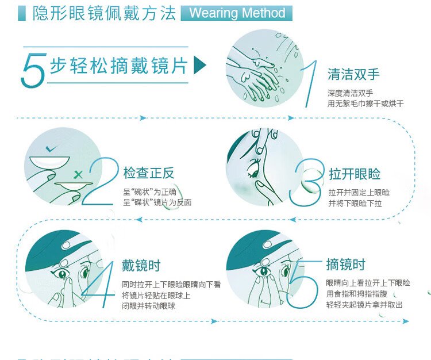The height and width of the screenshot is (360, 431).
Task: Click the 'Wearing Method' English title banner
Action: pos(237,13)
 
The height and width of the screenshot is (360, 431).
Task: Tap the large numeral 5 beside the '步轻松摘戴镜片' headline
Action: pos(33,71)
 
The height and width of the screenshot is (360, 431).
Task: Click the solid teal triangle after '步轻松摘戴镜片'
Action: pos(199,65)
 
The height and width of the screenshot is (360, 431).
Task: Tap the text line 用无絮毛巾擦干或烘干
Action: pos(365,104)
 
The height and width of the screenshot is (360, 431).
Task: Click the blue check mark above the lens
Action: pos(51,148)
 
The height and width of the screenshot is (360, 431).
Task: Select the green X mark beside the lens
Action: pos(79,173)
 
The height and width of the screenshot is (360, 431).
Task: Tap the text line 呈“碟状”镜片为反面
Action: pos(157,202)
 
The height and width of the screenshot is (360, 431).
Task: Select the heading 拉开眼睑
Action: pos(355,174)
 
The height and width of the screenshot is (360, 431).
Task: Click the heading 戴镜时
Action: pos(141,266)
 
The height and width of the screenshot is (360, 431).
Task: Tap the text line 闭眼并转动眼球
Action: pos(148,306)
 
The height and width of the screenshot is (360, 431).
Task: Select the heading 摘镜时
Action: pos(345,265)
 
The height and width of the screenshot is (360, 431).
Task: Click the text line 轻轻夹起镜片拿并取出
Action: pos(364,305)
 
